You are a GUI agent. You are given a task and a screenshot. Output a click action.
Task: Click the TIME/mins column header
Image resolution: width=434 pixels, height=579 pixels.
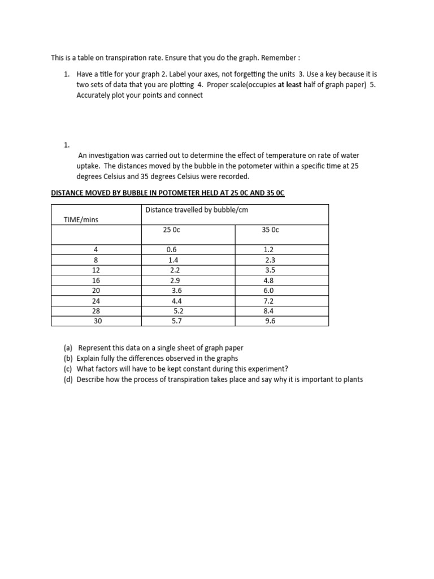point(82,220)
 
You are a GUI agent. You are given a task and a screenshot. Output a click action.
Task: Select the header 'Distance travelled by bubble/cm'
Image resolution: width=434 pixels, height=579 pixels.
point(197,210)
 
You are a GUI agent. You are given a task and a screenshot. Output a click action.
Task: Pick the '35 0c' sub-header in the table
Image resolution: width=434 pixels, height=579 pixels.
point(271,230)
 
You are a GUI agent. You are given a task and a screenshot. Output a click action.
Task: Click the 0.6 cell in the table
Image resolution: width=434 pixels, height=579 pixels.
point(172,249)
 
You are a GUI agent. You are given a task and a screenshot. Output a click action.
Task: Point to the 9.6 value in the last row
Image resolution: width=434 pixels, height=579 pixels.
point(270,321)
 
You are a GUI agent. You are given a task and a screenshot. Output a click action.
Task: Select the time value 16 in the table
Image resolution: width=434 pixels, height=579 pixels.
point(96,280)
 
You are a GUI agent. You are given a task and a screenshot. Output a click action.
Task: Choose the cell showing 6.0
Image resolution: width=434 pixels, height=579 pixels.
point(269,291)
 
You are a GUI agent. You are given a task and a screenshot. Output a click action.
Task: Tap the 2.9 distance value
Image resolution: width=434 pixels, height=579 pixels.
point(175,280)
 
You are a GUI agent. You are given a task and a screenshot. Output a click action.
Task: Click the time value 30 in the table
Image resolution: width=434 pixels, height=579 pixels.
point(97,321)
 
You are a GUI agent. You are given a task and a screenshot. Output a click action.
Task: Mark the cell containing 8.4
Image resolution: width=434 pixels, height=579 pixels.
point(269,311)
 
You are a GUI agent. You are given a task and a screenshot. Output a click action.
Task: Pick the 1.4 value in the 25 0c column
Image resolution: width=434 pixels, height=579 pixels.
point(173,260)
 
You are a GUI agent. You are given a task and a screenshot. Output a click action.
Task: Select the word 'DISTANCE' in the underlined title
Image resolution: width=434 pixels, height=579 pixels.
point(67,193)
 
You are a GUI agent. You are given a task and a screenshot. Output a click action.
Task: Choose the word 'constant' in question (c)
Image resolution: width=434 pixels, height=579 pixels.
point(199,369)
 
